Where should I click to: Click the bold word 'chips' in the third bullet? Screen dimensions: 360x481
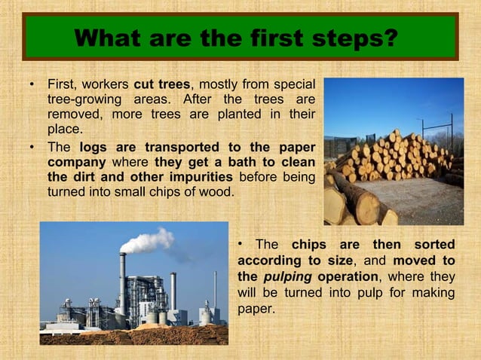coord(308,245)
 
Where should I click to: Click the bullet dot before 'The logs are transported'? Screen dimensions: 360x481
coord(31,148)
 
